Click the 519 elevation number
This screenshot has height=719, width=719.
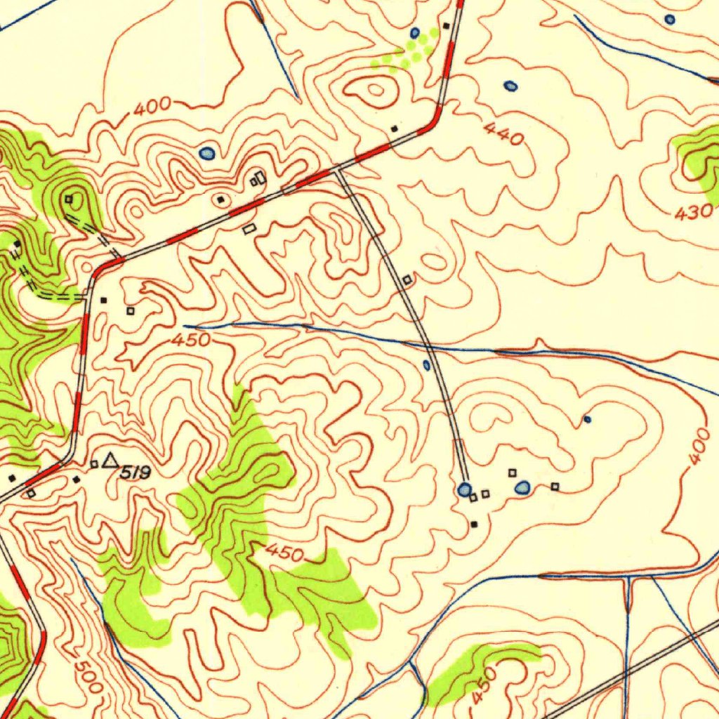tap(135, 473)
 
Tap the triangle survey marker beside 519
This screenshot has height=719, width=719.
tap(110, 461)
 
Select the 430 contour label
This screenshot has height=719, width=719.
tap(694, 211)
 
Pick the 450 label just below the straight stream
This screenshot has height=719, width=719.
tap(192, 341)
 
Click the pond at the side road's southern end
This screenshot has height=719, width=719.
tap(463, 489)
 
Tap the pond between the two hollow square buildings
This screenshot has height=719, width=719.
tap(522, 487)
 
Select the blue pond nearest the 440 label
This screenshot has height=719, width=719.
tap(510, 86)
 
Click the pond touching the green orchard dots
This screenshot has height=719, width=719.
tap(415, 32)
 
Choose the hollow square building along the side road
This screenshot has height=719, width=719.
tap(407, 280)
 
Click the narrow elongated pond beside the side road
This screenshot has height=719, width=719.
tap(426, 365)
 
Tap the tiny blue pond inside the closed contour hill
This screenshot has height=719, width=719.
tap(588, 420)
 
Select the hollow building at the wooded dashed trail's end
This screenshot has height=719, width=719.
tap(69, 199)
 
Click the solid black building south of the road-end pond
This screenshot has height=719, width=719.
tap(474, 524)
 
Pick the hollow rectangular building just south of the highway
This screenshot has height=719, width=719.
tap(249, 229)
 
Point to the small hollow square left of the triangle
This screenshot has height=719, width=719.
tap(94, 464)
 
